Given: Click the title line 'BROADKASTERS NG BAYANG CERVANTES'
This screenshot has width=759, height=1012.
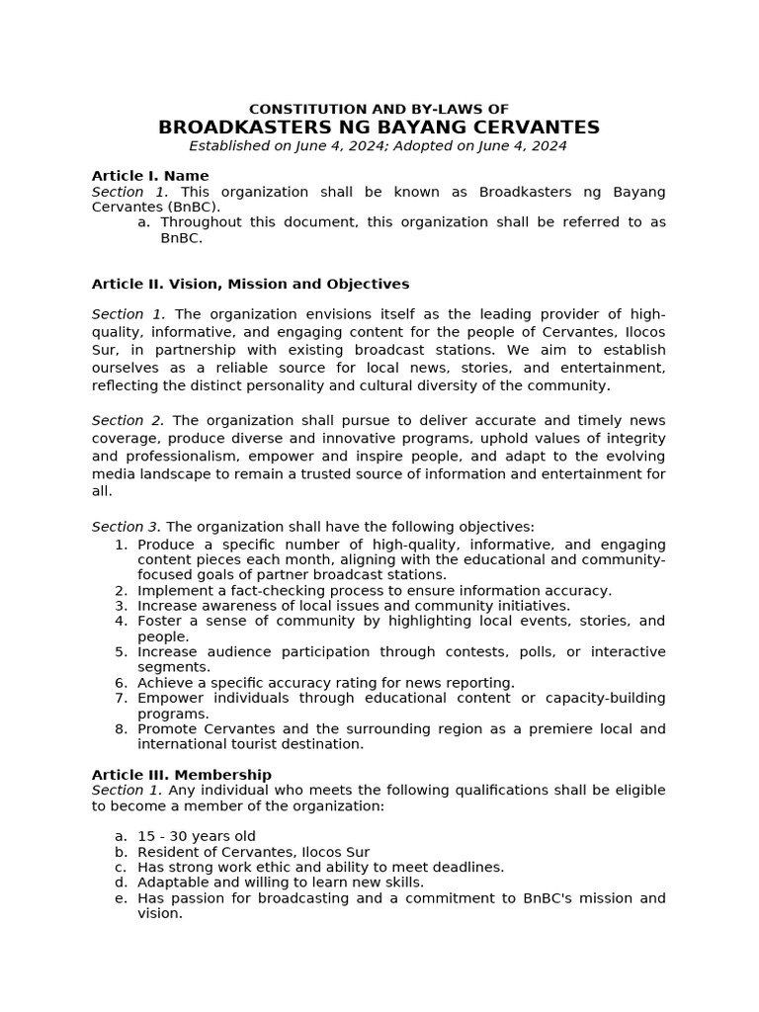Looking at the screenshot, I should click(379, 127).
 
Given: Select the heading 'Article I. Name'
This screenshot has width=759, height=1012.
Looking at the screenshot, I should click(150, 176).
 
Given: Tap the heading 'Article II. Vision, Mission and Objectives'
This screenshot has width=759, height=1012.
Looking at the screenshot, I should click(250, 284).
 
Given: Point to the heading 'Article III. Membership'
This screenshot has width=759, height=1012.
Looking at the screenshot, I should click(181, 775).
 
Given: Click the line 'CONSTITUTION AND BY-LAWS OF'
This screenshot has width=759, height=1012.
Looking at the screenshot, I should click(379, 109).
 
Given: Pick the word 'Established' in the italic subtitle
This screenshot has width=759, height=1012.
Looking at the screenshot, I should click(227, 146).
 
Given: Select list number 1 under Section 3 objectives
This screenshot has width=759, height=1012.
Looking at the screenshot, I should click(121, 545).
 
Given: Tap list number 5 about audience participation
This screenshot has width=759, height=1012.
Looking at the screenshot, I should click(121, 652).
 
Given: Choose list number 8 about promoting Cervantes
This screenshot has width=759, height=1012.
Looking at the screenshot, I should click(121, 729).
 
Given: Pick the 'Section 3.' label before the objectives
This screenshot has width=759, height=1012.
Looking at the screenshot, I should click(126, 527).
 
